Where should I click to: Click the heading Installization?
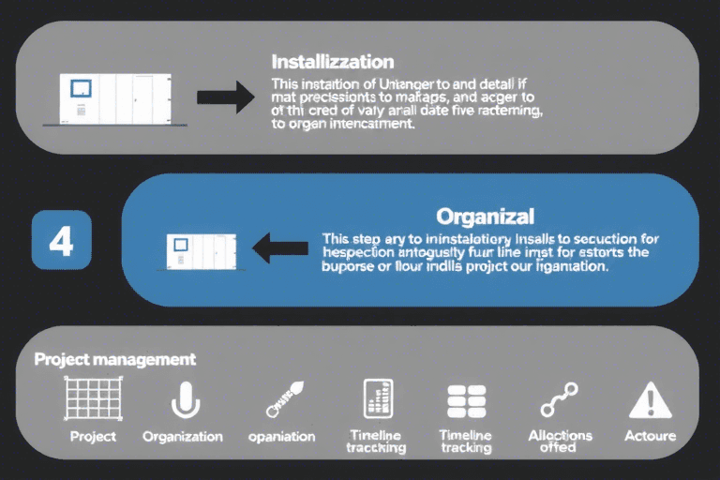pyautogui.click(x=332, y=63)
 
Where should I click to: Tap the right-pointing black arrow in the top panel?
pyautogui.click(x=226, y=96)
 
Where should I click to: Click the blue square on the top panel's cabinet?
pyautogui.click(x=81, y=88)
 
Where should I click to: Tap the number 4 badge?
pyautogui.click(x=60, y=242)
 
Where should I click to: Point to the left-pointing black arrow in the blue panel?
pyautogui.click(x=280, y=247)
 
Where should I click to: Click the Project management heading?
pyautogui.click(x=114, y=359)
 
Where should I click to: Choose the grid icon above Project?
pyautogui.click(x=93, y=399)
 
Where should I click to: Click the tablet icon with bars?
pyautogui.click(x=377, y=399)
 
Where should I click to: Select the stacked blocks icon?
pyautogui.click(x=466, y=400)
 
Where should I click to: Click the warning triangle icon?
pyautogui.click(x=650, y=401)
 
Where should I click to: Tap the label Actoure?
pyautogui.click(x=650, y=437)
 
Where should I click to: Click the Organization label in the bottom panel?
pyautogui.click(x=183, y=437)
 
